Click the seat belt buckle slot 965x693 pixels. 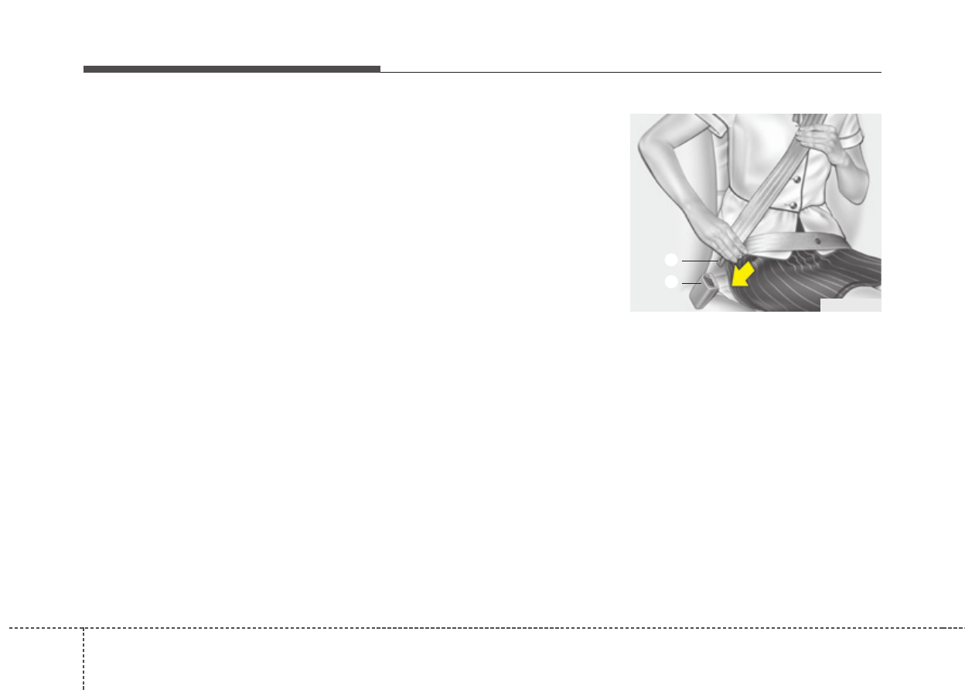coord(710,282)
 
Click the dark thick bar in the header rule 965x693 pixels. coord(232,69)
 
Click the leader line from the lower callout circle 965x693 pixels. coord(691,284)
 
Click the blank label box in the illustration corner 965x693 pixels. coord(850,305)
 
